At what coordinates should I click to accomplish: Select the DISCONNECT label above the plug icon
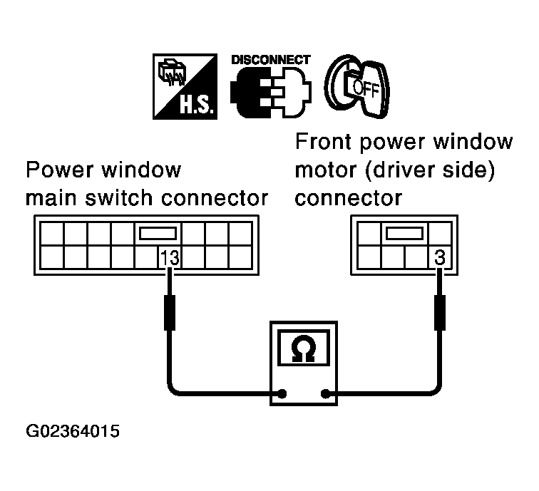pos(270,60)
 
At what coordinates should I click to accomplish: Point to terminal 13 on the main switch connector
pos(169,257)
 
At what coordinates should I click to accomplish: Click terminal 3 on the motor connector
pos(439,257)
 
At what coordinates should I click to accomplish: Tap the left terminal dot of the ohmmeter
pos(283,393)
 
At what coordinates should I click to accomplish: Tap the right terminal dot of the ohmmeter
pos(327,393)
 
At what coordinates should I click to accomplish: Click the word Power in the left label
pos(57,171)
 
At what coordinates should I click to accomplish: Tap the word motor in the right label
pos(324,170)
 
